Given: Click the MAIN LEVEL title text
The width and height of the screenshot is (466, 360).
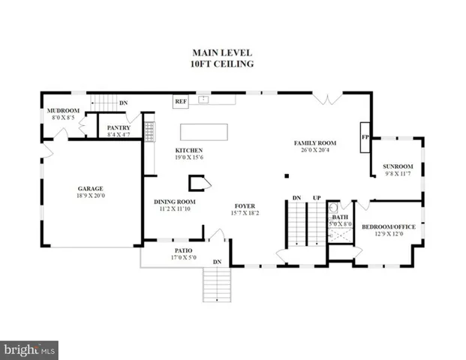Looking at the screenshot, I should [222, 52].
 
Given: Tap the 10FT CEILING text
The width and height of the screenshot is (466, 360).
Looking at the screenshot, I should [222, 64].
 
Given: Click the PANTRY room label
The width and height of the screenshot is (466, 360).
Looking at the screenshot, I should [119, 128].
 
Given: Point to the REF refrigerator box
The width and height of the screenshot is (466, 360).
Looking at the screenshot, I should [181, 100].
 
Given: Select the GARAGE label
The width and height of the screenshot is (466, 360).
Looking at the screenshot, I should [90, 188].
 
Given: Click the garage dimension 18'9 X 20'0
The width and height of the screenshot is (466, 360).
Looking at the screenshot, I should [90, 196].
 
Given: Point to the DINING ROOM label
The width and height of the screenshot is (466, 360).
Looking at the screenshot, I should [175, 201].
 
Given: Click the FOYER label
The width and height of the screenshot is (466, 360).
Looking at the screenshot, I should [245, 205].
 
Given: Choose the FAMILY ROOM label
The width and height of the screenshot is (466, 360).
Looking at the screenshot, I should [314, 142].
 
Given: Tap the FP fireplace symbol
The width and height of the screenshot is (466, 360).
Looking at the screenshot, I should [365, 138].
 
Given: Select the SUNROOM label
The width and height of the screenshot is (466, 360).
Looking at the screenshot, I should [398, 166].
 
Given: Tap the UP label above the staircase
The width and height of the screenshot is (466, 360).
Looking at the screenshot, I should [317, 197].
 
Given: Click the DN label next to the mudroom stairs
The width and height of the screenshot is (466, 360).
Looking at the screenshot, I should [124, 103].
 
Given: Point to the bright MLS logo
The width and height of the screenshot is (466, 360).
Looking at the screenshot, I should [29, 349].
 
